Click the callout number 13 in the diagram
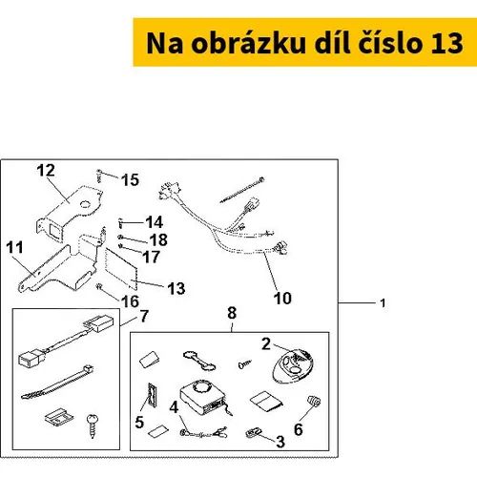tap(176, 289)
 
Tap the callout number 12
tap(46, 171)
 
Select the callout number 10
tap(282, 299)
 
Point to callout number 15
tap(130, 180)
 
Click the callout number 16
tap(130, 301)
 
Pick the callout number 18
tap(158, 239)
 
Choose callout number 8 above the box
tap(232, 313)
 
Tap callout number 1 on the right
tap(383, 303)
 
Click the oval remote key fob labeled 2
tap(293, 365)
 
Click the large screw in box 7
tap(93, 425)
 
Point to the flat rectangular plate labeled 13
tap(121, 269)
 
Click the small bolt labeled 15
tap(99, 176)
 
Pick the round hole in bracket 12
tap(85, 204)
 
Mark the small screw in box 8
tap(244, 364)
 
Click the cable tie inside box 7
tap(57, 383)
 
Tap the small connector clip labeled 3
tap(254, 433)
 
